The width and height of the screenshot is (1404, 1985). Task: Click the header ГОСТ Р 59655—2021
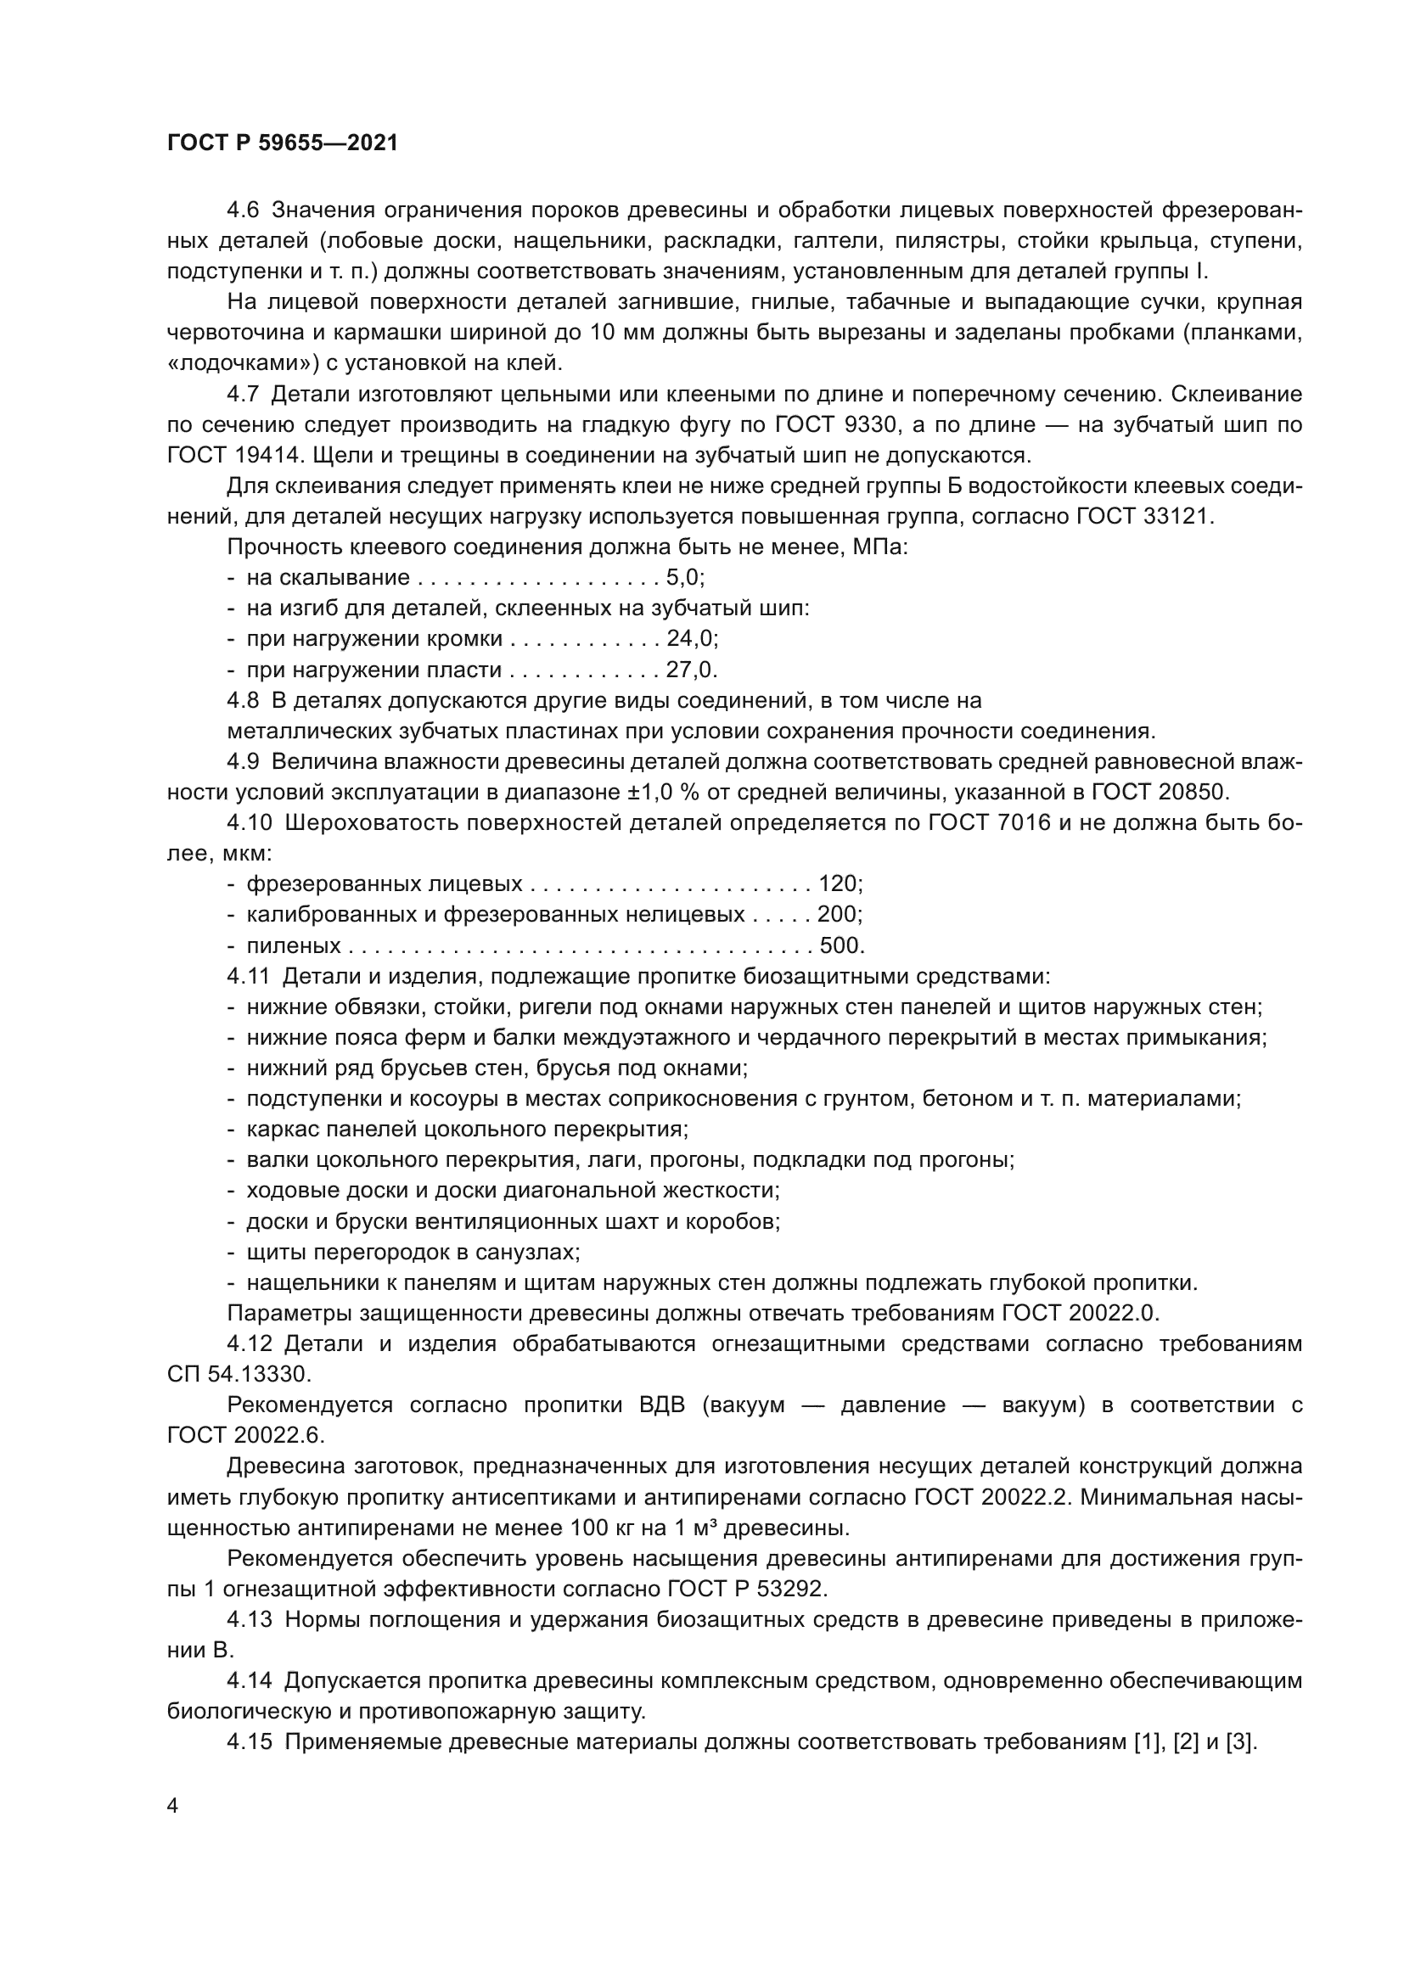point(282,143)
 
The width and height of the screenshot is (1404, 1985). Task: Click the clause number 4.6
point(242,210)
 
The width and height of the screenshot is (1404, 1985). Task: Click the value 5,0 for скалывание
point(684,578)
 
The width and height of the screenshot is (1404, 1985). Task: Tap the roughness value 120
point(837,883)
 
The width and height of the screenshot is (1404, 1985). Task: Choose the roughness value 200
point(837,915)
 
